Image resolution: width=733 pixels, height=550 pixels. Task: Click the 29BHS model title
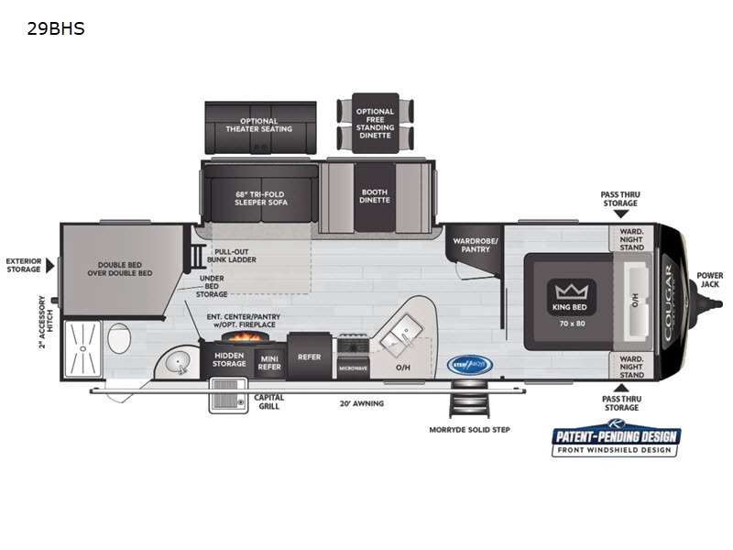point(57,28)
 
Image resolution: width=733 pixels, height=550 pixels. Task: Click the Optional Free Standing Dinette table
point(375,124)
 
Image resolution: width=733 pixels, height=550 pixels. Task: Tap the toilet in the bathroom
point(118,340)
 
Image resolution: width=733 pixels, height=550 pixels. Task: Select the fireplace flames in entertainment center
point(230,336)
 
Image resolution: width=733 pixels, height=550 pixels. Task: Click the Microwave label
point(353,367)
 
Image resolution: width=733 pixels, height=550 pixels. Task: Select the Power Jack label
point(709,279)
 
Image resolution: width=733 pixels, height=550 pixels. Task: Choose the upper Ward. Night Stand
point(631,238)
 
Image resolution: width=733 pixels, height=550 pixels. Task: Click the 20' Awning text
point(362,402)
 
